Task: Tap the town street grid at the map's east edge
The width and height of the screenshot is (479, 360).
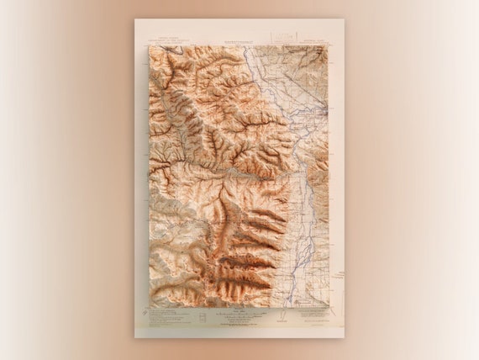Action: (320, 109)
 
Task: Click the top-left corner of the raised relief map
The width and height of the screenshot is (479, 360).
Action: (150, 46)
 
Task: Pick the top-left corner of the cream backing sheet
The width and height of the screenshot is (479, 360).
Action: (135, 19)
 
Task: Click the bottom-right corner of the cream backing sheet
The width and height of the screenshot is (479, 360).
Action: (344, 337)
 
